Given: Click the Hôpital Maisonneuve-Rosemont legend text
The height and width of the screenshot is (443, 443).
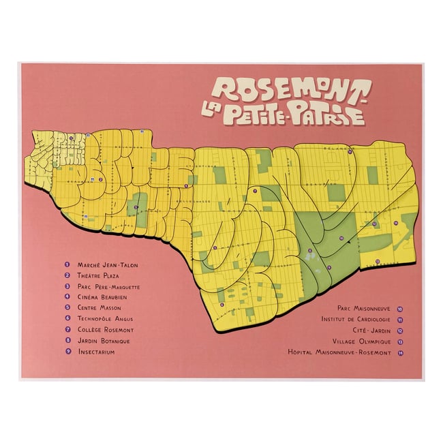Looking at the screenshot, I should [x=339, y=352].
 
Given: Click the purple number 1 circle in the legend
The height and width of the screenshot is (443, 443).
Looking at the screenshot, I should [x=67, y=264].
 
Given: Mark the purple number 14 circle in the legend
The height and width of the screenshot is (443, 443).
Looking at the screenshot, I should [x=399, y=352].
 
